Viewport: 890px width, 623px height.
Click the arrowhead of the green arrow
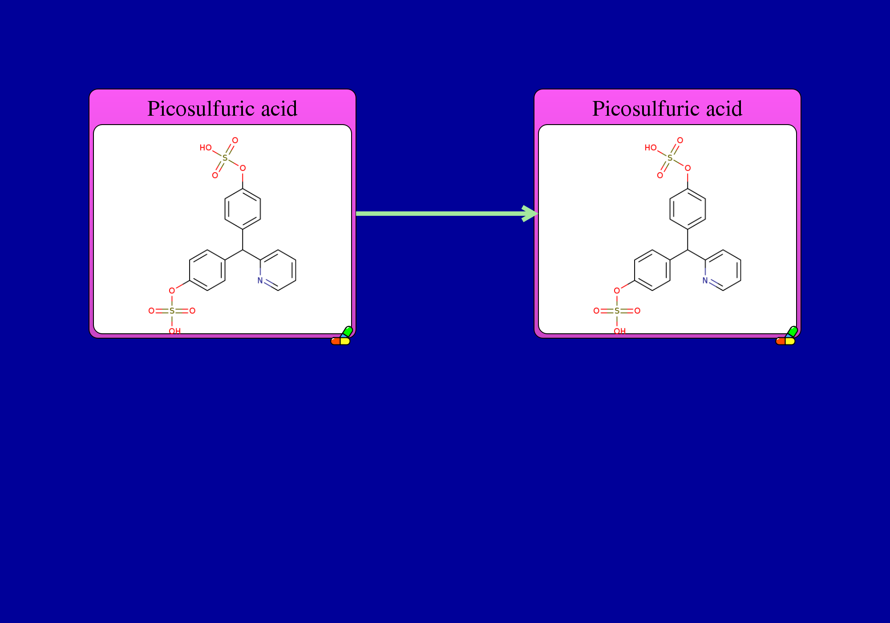[530, 214]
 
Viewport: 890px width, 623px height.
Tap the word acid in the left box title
[279, 109]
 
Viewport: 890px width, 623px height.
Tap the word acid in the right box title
[724, 109]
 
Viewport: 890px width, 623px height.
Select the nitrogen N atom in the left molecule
[260, 281]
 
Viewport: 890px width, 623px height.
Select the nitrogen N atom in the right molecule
[705, 281]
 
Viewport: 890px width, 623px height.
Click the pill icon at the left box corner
[342, 336]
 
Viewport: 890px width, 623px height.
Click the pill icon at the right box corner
[787, 336]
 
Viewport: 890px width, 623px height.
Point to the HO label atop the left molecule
[206, 148]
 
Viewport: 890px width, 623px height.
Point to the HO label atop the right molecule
[651, 148]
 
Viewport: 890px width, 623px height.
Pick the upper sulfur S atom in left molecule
[225, 158]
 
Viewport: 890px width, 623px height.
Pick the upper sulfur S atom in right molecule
[670, 158]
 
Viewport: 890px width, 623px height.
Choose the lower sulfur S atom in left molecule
[172, 311]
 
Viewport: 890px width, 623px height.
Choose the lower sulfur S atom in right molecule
[617, 311]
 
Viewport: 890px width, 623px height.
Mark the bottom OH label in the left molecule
[175, 331]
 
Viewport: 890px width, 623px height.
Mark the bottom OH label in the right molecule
[620, 331]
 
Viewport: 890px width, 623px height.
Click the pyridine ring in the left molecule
[278, 270]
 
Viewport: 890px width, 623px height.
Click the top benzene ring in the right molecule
[688, 209]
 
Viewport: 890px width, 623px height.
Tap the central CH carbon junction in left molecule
[243, 250]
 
